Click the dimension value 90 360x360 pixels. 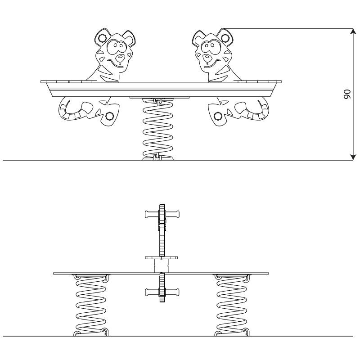347,94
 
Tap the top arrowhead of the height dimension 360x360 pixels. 353,31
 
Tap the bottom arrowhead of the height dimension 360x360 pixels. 353,157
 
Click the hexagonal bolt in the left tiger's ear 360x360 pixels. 102,38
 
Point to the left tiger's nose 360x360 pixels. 120,58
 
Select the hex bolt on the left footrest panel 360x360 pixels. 109,116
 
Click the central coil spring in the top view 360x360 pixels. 157,129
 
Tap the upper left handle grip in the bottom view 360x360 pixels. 152,215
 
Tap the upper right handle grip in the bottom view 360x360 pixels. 173,215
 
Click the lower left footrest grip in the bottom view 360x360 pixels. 152,292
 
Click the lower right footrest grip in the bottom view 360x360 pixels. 173,292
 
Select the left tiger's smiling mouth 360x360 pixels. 117,63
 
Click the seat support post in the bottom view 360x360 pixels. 161,266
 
